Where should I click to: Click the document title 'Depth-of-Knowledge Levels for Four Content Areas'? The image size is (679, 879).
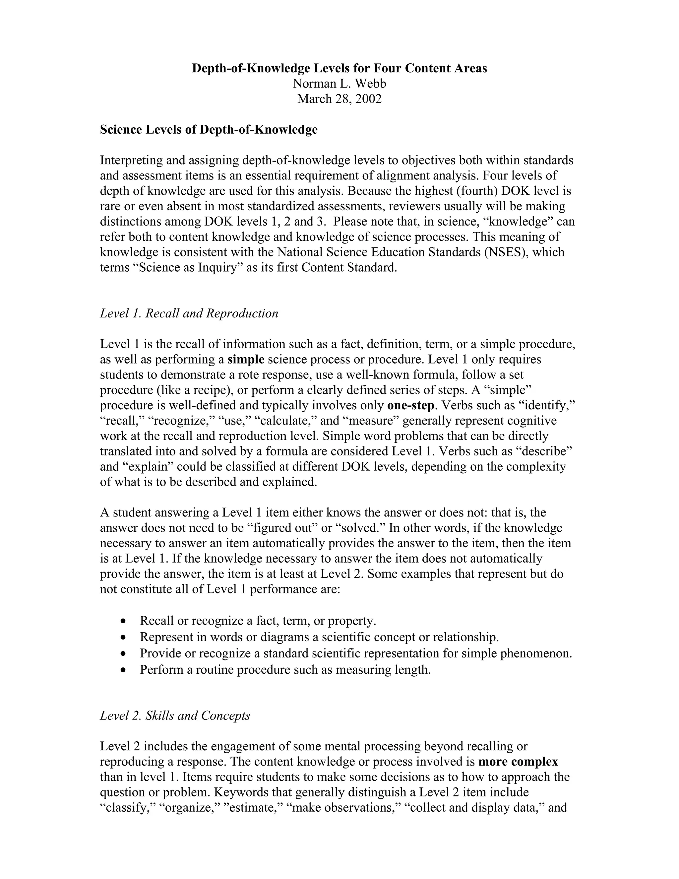(x=339, y=68)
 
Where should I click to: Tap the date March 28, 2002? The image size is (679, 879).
(x=339, y=99)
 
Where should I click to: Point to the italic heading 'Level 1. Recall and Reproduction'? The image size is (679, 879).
(x=189, y=313)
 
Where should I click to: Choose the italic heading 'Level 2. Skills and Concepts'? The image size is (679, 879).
(x=175, y=715)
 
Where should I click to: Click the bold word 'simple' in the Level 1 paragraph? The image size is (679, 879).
(x=246, y=360)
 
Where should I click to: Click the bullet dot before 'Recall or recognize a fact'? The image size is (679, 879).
(x=123, y=621)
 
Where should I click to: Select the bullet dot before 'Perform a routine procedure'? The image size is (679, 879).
(x=123, y=670)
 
